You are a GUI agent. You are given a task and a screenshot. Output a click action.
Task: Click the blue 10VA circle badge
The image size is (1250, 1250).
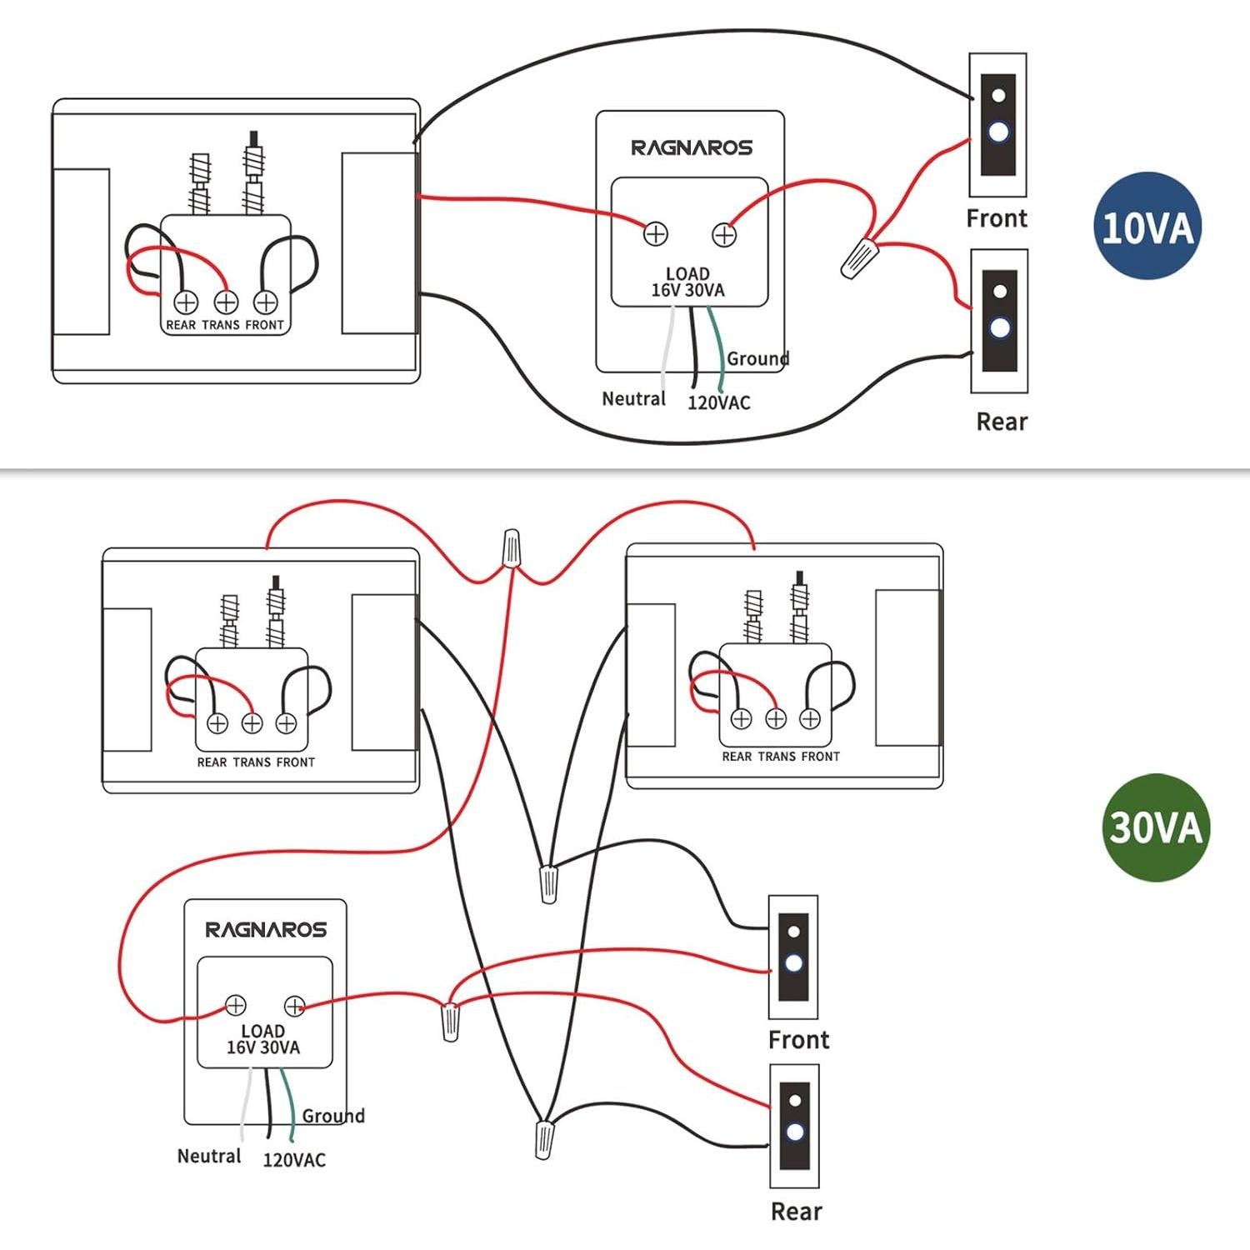pyautogui.click(x=1147, y=226)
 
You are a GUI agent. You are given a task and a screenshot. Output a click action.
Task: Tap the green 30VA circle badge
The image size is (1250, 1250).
pyautogui.click(x=1155, y=827)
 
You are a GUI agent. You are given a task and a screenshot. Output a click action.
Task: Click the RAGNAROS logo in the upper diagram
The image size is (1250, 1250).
pyautogui.click(x=691, y=148)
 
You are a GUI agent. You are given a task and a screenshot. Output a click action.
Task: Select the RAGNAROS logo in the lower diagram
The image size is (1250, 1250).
pyautogui.click(x=266, y=929)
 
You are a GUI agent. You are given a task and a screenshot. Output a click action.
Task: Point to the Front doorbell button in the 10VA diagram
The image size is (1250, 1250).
pyautogui.click(x=997, y=125)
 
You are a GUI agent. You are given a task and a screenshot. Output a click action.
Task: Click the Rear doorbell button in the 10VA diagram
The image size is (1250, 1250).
pyautogui.click(x=999, y=321)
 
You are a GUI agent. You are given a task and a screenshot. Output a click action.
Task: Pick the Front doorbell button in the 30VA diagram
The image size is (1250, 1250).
pyautogui.click(x=793, y=957)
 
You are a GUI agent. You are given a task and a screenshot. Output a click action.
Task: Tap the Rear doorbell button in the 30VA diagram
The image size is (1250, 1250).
pyautogui.click(x=794, y=1125)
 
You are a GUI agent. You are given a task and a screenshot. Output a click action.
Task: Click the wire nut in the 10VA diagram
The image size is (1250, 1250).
pyautogui.click(x=859, y=257)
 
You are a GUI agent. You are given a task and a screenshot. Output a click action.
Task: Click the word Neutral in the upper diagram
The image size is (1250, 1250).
pyautogui.click(x=633, y=399)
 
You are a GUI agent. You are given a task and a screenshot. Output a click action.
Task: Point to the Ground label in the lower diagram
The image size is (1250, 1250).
pyautogui.click(x=333, y=1116)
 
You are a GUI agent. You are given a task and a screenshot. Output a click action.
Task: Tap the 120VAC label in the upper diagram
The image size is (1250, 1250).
pyautogui.click(x=718, y=402)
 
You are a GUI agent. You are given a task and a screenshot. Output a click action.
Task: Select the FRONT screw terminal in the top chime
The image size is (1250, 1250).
pyautogui.click(x=265, y=302)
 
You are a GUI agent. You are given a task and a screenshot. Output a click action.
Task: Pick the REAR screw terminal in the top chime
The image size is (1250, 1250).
pyautogui.click(x=186, y=302)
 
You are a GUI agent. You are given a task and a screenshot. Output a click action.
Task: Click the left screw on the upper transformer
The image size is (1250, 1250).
pyautogui.click(x=656, y=234)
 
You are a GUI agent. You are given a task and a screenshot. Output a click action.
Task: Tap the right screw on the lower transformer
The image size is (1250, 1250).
pyautogui.click(x=294, y=1006)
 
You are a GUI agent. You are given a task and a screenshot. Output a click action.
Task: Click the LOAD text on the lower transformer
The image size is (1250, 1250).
pyautogui.click(x=262, y=1032)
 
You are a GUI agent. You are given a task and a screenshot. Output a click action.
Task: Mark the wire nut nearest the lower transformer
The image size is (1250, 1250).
pyautogui.click(x=450, y=1022)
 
